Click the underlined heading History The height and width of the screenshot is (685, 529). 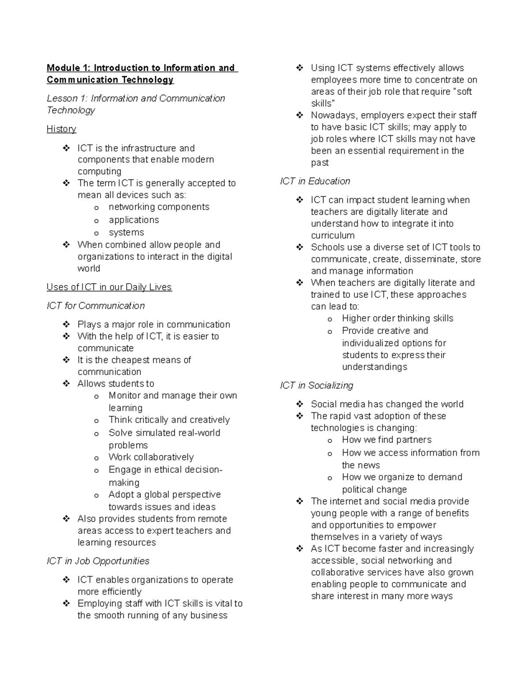point(61,129)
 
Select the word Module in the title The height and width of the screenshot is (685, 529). point(63,68)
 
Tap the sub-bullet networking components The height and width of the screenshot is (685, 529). point(159,207)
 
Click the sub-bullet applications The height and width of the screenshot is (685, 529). point(134,220)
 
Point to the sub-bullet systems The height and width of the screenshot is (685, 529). point(126,232)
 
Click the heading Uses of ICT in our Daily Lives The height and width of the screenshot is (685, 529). point(109,287)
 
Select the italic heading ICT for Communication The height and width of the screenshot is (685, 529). point(96,306)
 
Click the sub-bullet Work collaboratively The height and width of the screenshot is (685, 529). point(151,457)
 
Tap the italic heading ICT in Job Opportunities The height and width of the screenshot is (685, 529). point(98,561)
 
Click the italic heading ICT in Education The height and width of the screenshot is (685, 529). point(315,181)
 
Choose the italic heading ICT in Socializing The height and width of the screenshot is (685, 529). point(317,386)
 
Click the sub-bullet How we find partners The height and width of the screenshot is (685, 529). point(387,440)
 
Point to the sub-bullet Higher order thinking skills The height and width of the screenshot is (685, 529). point(397,318)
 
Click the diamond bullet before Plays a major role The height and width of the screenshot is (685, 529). point(66,324)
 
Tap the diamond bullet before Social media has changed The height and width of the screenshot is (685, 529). point(300,404)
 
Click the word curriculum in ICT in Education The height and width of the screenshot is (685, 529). point(332,236)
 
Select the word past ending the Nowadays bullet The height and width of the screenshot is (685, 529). point(320,163)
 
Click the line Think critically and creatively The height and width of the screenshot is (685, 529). point(169,420)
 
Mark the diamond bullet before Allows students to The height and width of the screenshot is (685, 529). point(66,384)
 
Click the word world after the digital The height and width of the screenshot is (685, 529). point(89,269)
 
